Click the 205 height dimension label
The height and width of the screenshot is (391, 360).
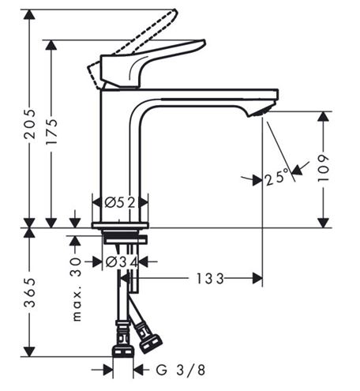(x=29, y=123)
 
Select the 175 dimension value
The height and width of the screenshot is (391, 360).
(x=51, y=131)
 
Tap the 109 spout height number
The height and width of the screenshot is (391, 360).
(x=324, y=167)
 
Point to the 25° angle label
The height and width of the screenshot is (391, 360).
(x=277, y=177)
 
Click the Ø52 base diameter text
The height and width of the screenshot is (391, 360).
(x=120, y=202)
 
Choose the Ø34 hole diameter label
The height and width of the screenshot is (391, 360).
(x=122, y=262)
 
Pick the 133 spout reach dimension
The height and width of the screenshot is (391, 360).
(x=210, y=279)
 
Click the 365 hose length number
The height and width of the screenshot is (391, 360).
(x=29, y=292)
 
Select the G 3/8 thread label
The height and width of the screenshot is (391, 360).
(x=180, y=370)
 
